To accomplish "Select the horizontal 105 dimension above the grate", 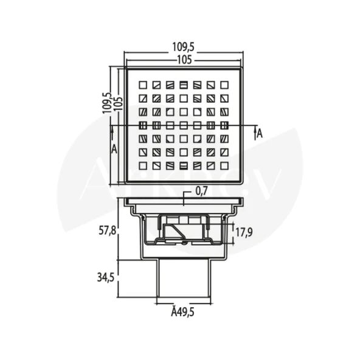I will tap(183, 59).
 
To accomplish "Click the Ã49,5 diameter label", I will tap(183, 312).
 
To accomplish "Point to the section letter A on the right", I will tap(260, 134).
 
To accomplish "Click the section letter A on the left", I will tap(114, 148).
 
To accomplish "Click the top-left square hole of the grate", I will tap(143, 85).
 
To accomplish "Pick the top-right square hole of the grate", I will tap(224, 85).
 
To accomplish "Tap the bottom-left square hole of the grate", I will tap(143, 165).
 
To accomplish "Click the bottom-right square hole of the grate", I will tap(224, 165).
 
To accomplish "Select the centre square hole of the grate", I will tap(184, 125).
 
